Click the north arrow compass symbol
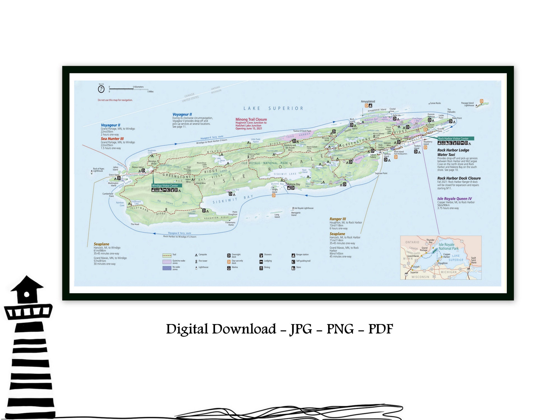101,89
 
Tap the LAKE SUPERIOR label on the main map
273,108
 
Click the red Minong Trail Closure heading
251,119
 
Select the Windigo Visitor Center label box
167,185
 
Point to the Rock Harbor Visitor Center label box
456,139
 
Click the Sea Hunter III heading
112,139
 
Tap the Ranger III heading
338,219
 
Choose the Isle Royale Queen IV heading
454,199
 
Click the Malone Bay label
293,184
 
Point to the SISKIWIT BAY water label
233,199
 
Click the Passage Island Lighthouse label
467,104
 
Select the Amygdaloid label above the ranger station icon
368,102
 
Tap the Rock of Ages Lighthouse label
99,170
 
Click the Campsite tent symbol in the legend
196,255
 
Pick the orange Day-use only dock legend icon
229,262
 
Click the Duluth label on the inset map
416,267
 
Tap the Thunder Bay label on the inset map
430,241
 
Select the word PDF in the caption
381,329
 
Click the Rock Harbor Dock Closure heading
459,178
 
